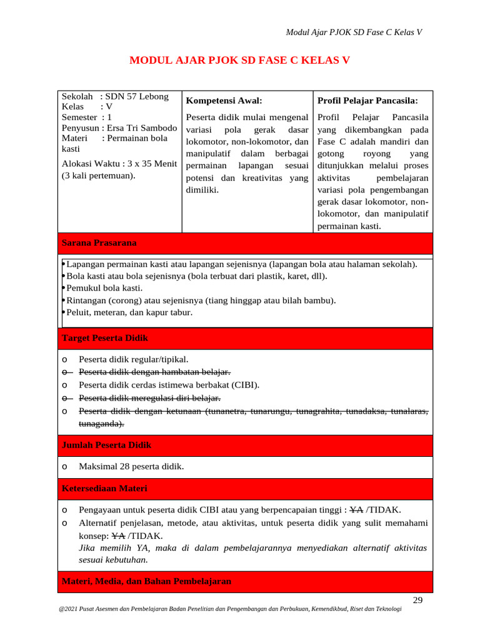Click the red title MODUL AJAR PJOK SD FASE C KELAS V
tap(239, 61)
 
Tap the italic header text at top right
tap(354, 32)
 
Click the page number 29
tap(418, 601)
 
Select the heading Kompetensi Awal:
tap(224, 100)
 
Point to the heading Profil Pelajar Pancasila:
tap(367, 100)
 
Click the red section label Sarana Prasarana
tap(99, 242)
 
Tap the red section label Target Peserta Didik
tap(105, 338)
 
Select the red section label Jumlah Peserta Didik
tap(106, 445)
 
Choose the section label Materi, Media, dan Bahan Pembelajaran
tap(146, 581)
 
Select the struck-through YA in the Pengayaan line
tap(356, 509)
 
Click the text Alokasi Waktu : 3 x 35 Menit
tap(119, 164)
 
